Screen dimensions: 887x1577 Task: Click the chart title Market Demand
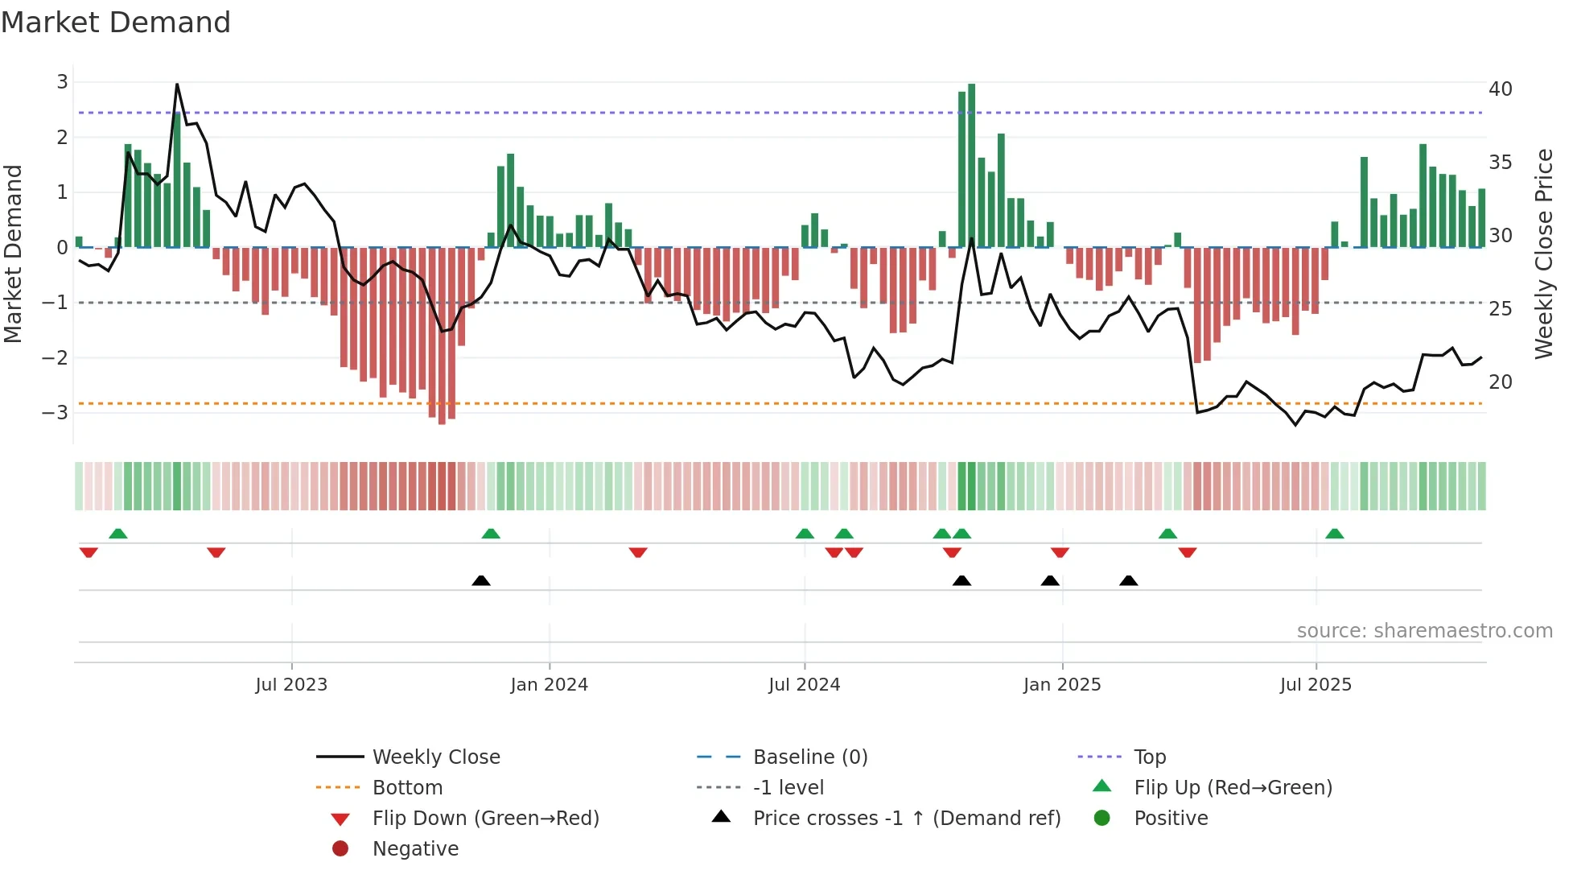116,23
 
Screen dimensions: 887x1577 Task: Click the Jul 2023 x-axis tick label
291,685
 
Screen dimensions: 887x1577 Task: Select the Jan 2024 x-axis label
549,685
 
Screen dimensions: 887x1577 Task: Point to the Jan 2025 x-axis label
1061,685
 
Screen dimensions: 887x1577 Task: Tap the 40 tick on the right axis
1500,89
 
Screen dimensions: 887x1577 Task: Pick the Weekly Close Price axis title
1543,254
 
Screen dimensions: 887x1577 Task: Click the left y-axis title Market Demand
14,254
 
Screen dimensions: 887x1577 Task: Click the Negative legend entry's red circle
340,848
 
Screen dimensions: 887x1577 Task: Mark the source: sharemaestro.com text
1424,631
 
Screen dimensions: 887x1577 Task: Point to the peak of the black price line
177,85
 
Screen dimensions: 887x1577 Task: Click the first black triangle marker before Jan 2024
481,580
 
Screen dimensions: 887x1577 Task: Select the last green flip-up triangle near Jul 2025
1334,534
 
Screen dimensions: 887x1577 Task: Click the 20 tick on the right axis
1500,382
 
